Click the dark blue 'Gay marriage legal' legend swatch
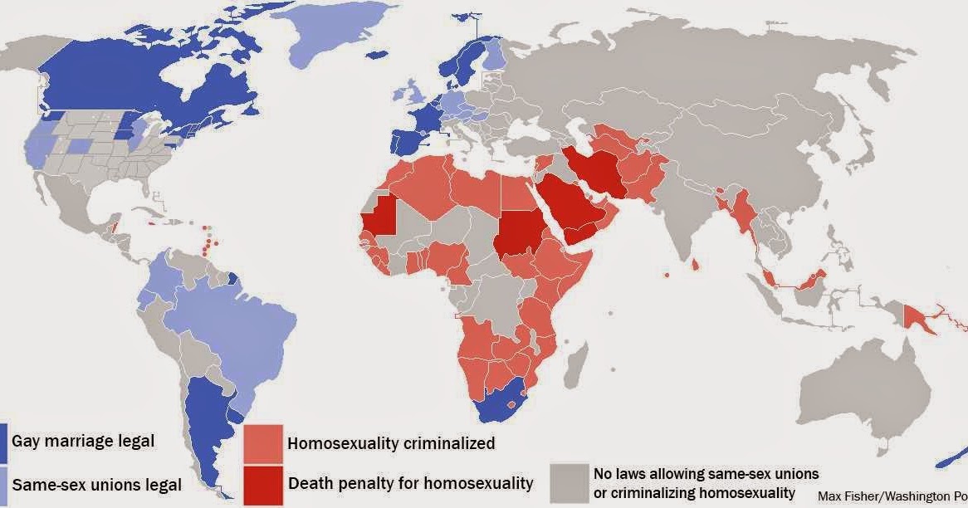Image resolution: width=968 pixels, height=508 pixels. coord(3,442)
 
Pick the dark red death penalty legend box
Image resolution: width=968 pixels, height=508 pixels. coord(262,483)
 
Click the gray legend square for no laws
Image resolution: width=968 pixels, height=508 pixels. coord(569,482)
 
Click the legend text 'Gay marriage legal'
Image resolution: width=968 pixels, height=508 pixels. coord(83,441)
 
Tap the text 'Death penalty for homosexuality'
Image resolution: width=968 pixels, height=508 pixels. coord(410,483)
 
